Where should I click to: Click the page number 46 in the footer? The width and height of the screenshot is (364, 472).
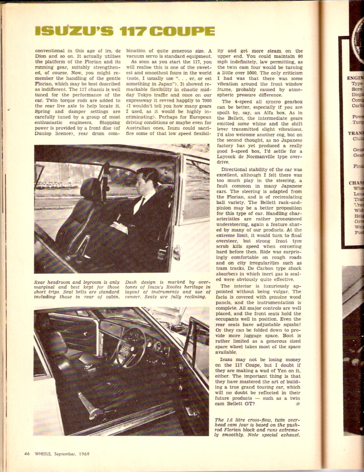click(27, 454)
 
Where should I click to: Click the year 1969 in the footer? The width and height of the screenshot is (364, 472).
click(83, 454)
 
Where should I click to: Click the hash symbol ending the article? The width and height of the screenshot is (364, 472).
click(298, 404)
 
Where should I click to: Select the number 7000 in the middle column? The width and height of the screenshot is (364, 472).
click(206, 101)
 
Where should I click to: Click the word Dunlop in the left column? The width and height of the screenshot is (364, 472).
click(43, 134)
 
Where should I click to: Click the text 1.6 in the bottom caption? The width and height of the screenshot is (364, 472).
click(230, 420)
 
